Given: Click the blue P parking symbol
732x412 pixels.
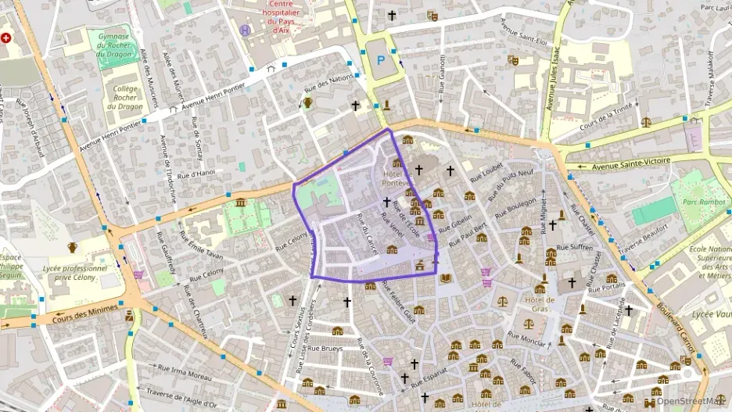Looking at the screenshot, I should pyautogui.click(x=381, y=59).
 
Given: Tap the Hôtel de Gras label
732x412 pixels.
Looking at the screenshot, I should pyautogui.click(x=540, y=303).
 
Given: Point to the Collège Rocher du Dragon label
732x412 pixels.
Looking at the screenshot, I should pyautogui.click(x=125, y=98).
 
